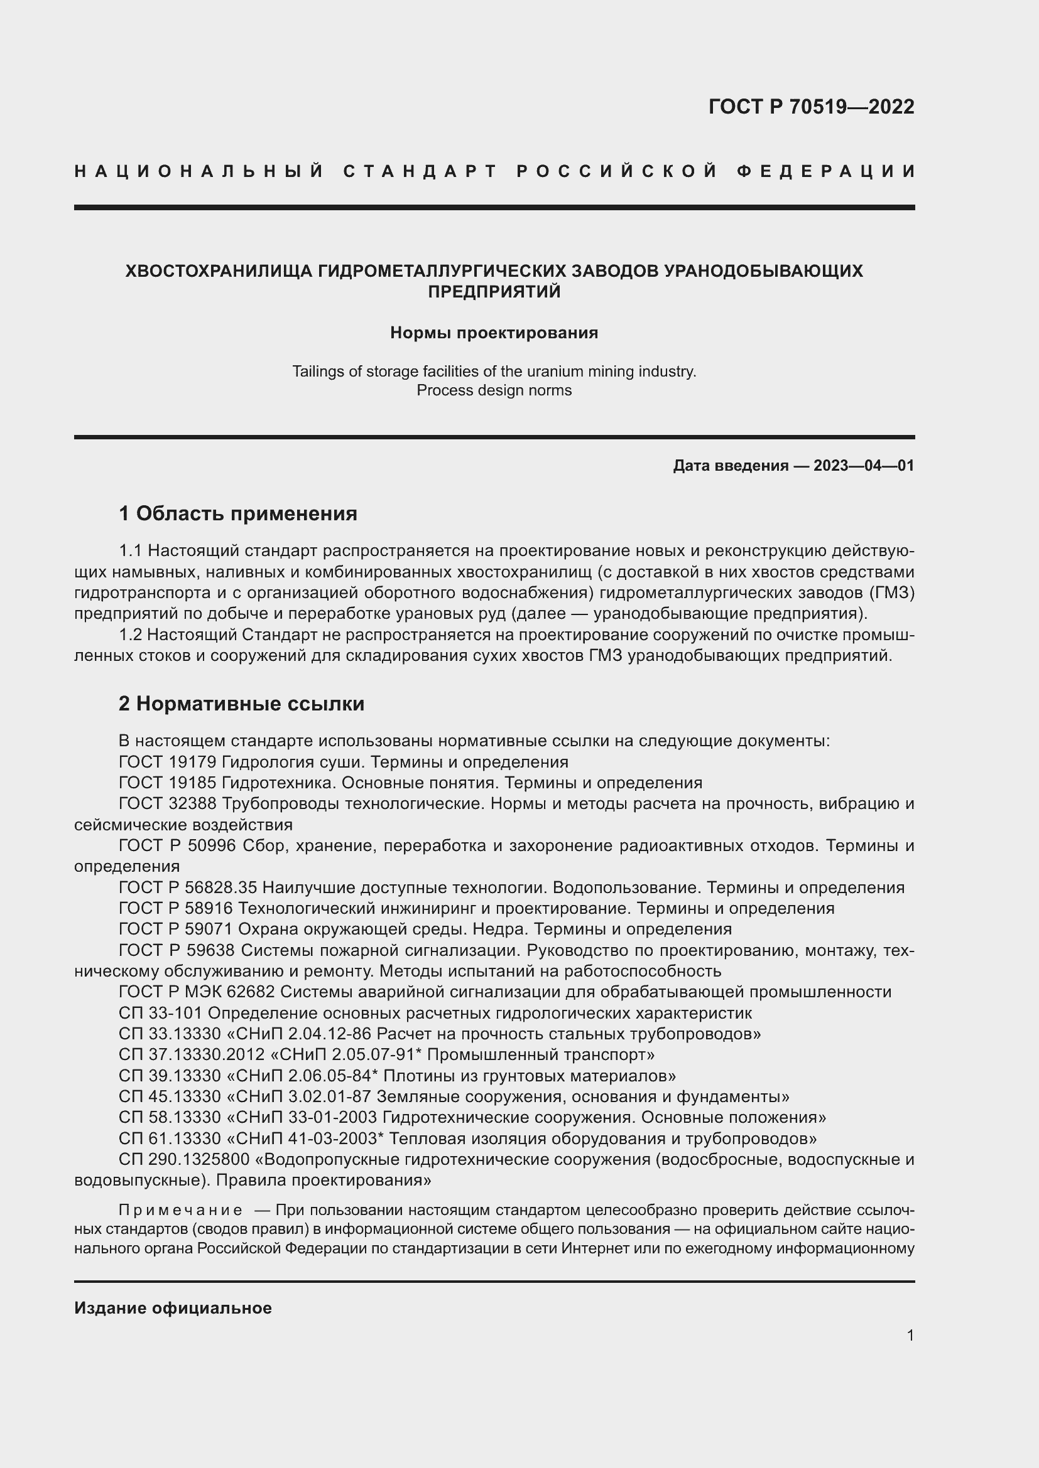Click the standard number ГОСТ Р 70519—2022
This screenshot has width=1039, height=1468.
[x=810, y=107]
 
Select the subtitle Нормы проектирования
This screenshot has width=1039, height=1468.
[x=494, y=333]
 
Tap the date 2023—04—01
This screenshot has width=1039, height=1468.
[x=864, y=466]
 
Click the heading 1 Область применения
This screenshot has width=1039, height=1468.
[x=238, y=513]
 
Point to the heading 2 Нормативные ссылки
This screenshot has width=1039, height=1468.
[x=241, y=704]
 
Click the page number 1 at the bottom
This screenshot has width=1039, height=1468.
[x=910, y=1335]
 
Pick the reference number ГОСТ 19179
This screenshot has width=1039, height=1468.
[x=168, y=762]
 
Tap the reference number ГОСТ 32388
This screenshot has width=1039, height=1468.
[x=168, y=804]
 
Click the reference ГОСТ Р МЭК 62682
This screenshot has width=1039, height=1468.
[x=197, y=992]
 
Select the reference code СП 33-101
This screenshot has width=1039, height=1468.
[x=161, y=1013]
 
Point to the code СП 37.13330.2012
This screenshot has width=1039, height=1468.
[x=192, y=1054]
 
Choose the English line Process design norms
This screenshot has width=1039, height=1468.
[x=494, y=390]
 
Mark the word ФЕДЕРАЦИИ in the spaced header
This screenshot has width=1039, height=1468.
[x=826, y=171]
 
